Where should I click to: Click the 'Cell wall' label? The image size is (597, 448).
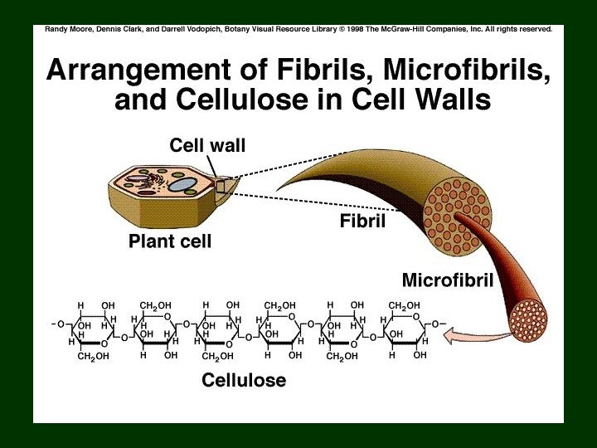207,146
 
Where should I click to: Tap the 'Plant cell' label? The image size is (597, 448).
170,242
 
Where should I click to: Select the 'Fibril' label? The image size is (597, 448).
363,222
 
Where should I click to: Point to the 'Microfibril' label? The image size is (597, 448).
447,279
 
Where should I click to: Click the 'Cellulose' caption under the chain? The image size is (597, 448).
245,381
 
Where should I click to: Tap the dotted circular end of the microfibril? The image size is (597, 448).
528,320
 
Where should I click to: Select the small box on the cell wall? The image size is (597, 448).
221,187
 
